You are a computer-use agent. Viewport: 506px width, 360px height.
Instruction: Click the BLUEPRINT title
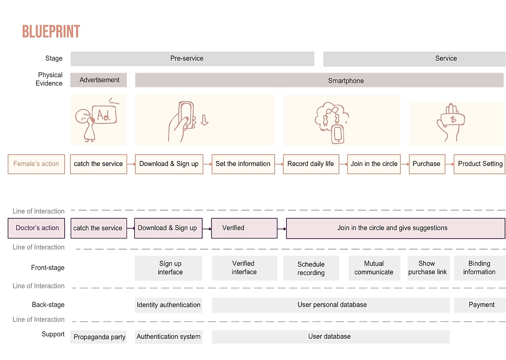(x=51, y=32)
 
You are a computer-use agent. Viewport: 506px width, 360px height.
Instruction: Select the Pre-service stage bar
(x=192, y=59)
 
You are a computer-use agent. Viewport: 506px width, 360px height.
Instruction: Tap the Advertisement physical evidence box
(x=99, y=80)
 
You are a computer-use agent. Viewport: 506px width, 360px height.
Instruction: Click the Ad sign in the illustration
(x=104, y=115)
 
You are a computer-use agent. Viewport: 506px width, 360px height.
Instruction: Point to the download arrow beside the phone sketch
(x=204, y=120)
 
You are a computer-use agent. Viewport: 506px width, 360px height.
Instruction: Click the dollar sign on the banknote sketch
(x=453, y=120)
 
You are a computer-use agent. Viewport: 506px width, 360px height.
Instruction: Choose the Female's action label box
(x=37, y=164)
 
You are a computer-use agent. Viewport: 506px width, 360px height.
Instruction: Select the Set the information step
(x=243, y=164)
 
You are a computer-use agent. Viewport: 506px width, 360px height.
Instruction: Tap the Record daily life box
(x=311, y=164)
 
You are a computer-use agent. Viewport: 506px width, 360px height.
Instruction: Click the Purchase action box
(x=427, y=164)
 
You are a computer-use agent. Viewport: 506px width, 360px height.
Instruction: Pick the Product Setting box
(x=479, y=164)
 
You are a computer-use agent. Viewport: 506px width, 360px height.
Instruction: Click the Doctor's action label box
(x=37, y=228)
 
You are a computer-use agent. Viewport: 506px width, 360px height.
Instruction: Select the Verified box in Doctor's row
(x=244, y=228)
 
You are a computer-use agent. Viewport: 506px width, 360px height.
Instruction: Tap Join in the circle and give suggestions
(x=396, y=228)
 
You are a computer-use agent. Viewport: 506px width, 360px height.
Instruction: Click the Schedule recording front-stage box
(x=311, y=268)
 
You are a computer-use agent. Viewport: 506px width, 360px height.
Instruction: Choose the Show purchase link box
(x=428, y=268)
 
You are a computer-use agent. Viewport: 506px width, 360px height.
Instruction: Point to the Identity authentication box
(x=169, y=305)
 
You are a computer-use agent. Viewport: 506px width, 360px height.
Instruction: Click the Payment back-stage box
(x=480, y=305)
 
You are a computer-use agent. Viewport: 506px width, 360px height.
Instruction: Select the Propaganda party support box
(x=99, y=337)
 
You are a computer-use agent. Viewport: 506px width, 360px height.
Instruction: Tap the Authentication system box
(x=169, y=337)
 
